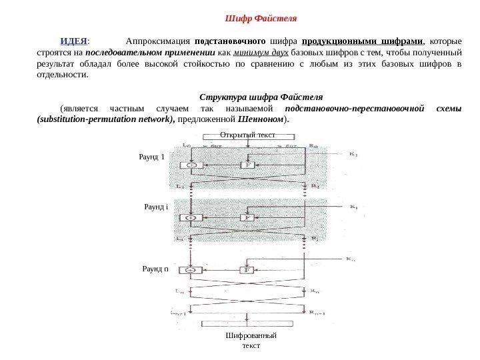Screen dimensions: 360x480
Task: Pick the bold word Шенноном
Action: coord(266,121)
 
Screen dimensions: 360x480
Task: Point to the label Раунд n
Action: coord(155,269)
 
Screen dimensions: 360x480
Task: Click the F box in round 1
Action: coord(247,163)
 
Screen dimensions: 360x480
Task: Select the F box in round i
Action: coord(247,217)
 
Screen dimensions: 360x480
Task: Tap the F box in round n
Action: coord(247,270)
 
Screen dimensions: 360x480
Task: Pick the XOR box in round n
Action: coord(192,270)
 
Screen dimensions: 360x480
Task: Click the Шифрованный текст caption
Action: coord(251,341)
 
